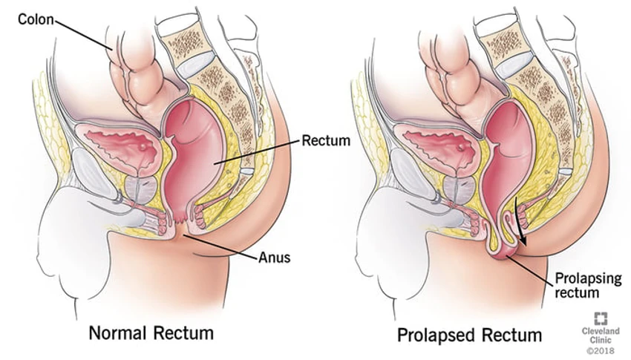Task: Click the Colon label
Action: (x=36, y=19)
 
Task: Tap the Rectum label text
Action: (x=326, y=140)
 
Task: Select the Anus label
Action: (x=274, y=257)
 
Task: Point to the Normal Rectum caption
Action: (x=151, y=333)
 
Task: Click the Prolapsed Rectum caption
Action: (x=470, y=335)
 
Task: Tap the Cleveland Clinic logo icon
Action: (x=601, y=318)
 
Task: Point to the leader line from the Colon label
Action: (x=83, y=35)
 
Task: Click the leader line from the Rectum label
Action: (x=257, y=151)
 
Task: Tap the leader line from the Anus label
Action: (x=221, y=246)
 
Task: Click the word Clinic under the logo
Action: (x=601, y=340)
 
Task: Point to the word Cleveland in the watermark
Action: (x=601, y=331)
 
